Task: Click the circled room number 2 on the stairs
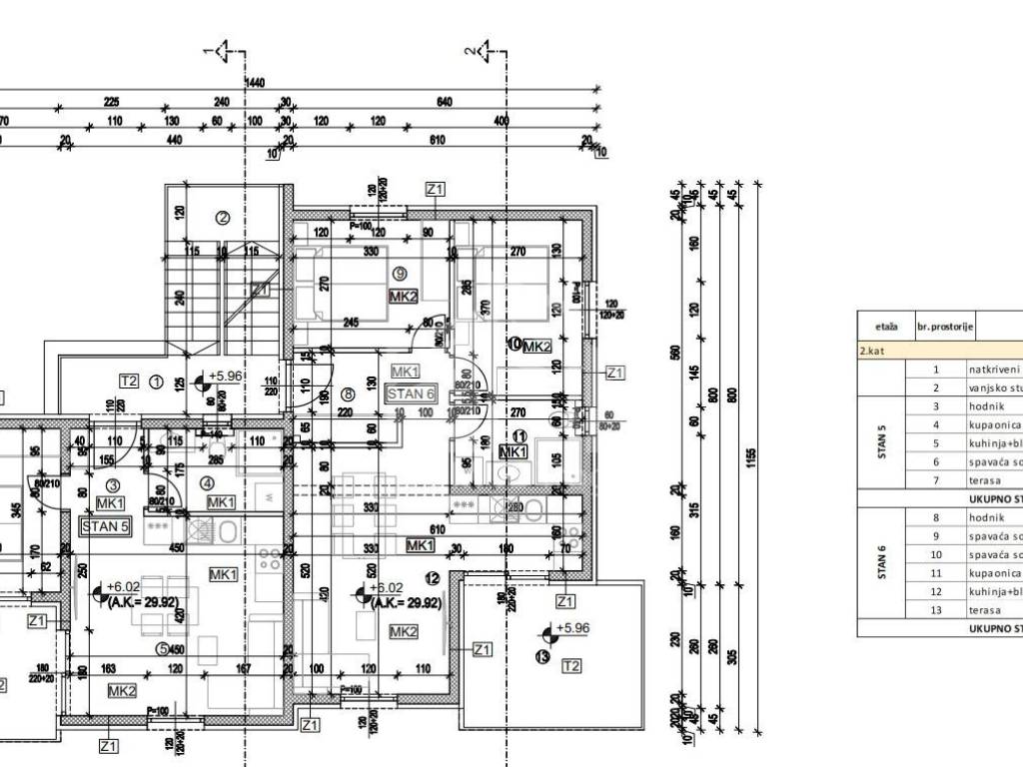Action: [224, 219]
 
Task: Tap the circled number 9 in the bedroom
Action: [399, 274]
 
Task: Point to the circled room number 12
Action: [432, 578]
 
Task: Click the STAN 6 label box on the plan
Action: [411, 393]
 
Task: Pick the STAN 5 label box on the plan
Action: [105, 526]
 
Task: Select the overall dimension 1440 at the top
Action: [254, 84]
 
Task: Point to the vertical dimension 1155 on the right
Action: [749, 455]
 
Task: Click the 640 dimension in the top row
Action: [445, 102]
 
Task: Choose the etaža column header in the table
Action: [885, 326]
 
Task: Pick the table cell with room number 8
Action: [936, 517]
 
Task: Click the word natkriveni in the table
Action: [993, 369]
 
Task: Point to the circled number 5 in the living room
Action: [161, 647]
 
